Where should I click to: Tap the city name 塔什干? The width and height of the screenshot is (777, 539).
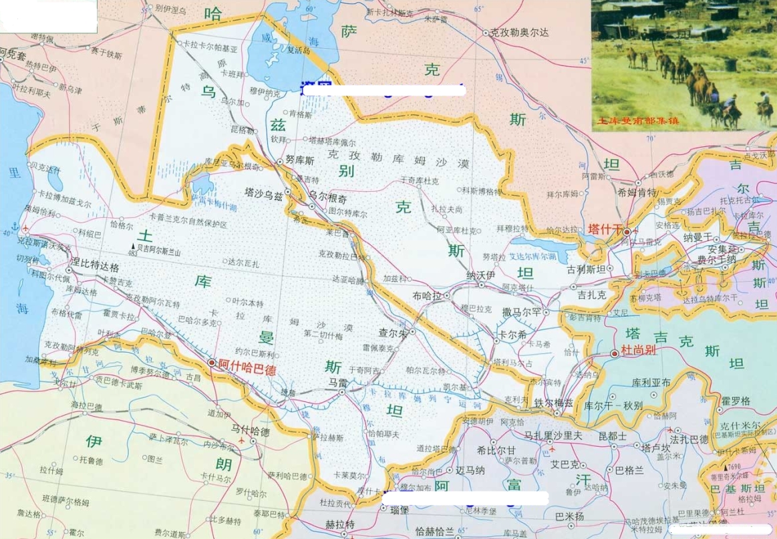[x=604, y=230]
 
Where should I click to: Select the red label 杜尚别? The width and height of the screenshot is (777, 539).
[x=639, y=350]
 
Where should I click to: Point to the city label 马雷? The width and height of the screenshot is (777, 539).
[x=339, y=382]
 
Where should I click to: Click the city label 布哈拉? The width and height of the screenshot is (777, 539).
[x=428, y=296]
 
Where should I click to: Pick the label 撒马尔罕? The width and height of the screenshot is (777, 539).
[x=522, y=312]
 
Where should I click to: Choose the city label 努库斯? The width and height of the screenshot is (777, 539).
[x=299, y=160]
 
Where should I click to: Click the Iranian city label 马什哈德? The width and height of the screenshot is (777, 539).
[x=250, y=432]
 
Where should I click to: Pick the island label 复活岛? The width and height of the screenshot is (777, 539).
[x=299, y=49]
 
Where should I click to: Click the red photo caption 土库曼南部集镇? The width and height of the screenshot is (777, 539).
[x=638, y=121]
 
